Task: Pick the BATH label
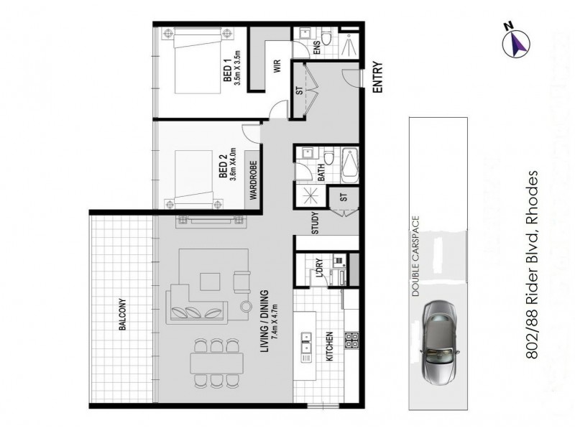pos(321,172)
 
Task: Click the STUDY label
pos(315,225)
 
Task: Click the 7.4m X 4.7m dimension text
pos(277,328)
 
